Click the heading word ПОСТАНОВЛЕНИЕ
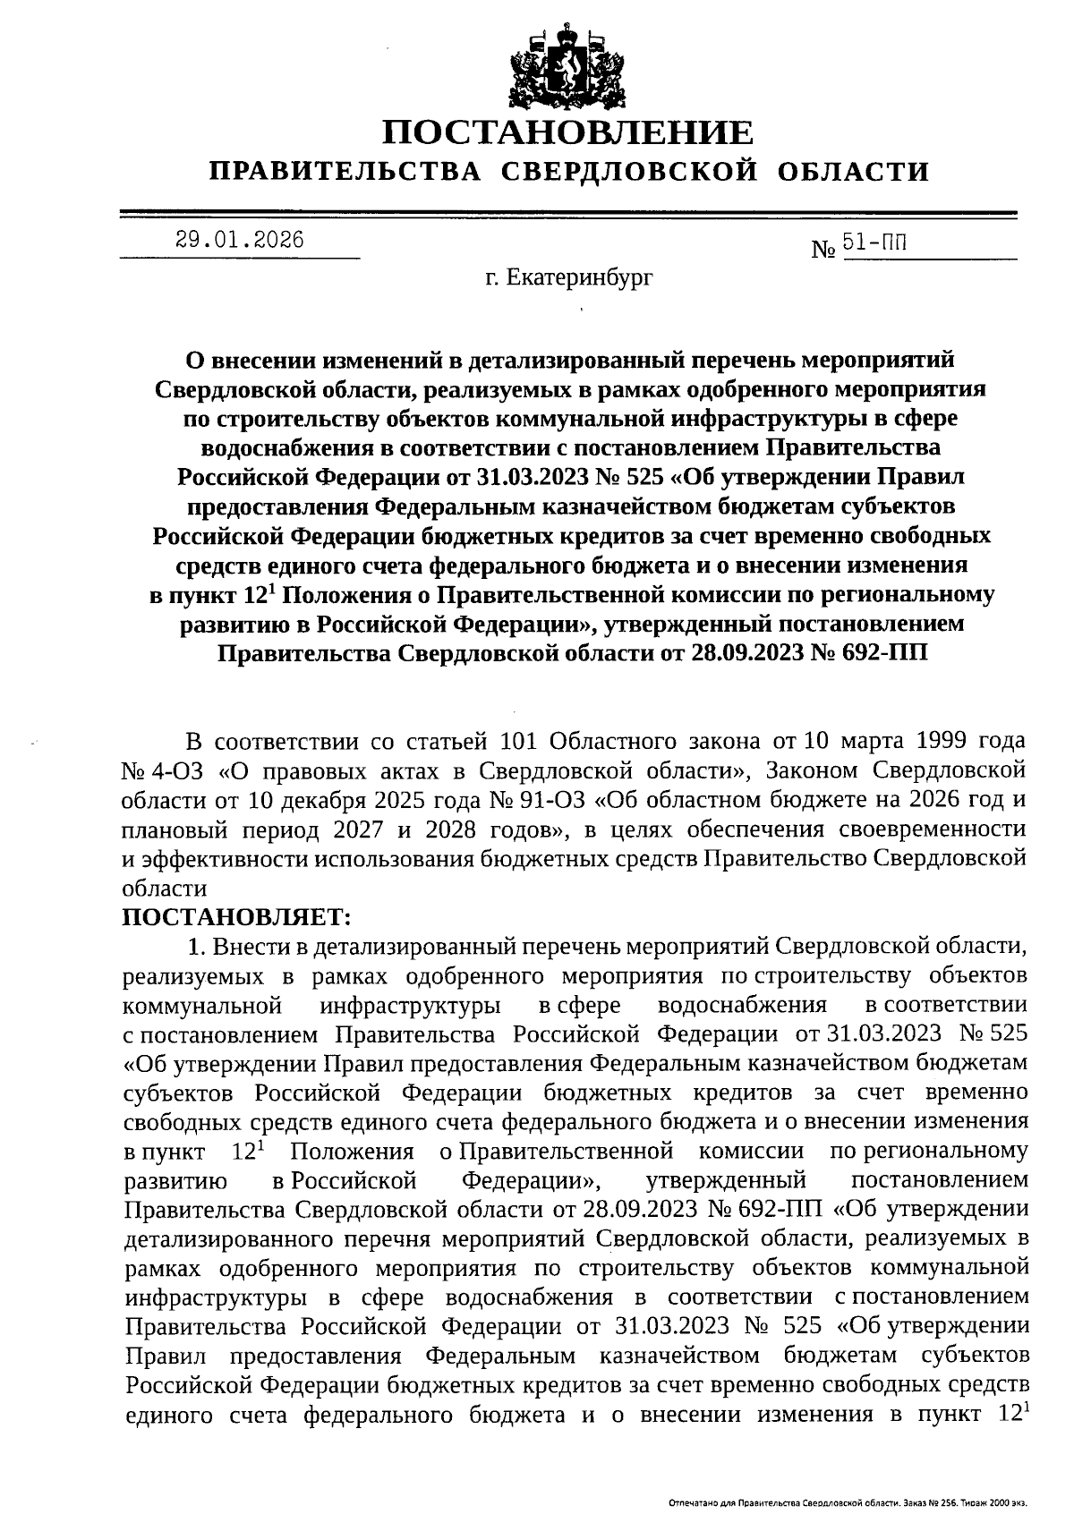(x=568, y=134)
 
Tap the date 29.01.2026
(x=239, y=240)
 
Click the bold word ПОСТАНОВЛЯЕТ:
(x=236, y=916)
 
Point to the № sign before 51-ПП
(x=823, y=251)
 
